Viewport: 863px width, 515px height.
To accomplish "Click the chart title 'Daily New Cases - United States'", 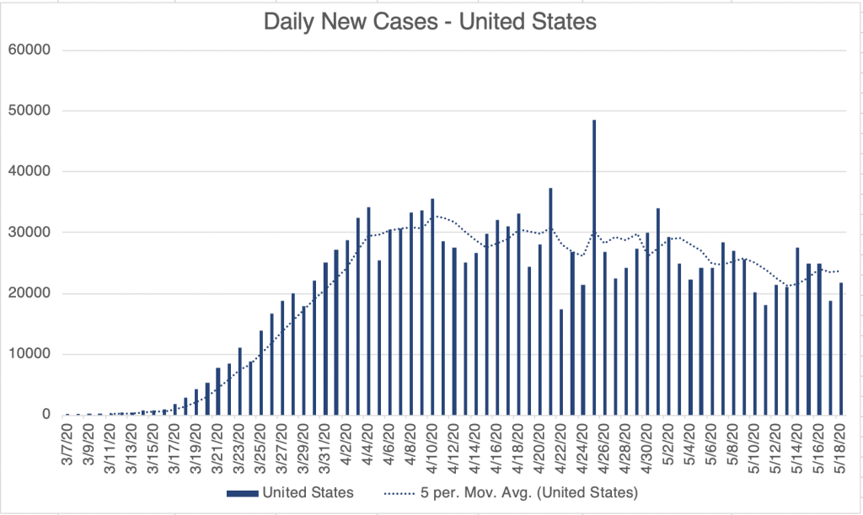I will pos(431,22).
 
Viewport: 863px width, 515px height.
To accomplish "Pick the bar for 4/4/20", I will pos(368,311).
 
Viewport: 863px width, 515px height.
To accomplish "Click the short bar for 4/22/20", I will pos(561,362).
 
